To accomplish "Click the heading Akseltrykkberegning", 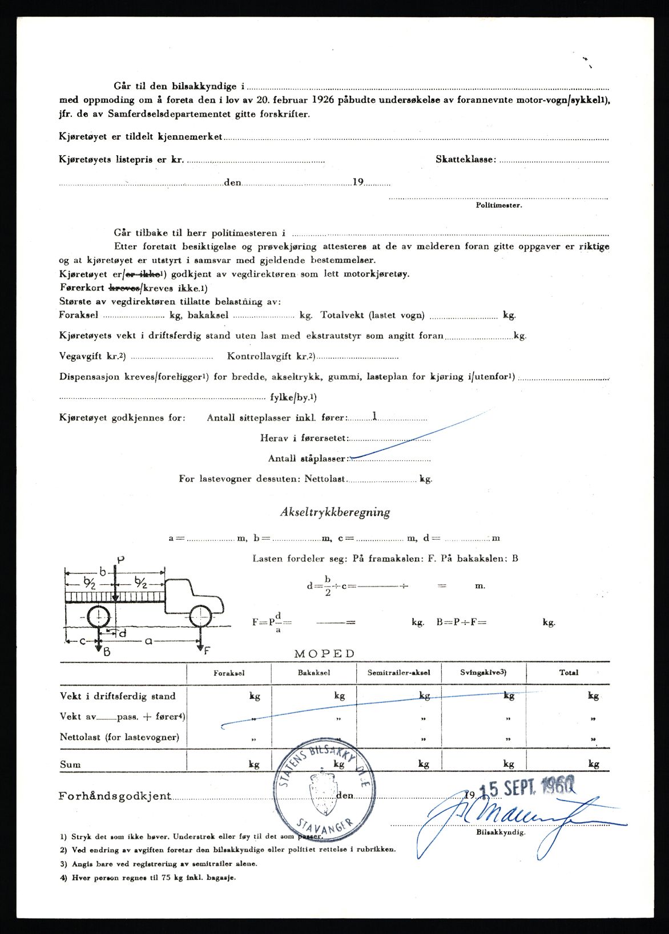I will click(x=334, y=512).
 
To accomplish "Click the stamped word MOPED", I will click(x=324, y=654).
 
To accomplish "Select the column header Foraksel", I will click(x=229, y=673).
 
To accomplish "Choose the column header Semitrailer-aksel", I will click(x=399, y=673).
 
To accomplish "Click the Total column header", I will click(x=569, y=673).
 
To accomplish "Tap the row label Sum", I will click(x=70, y=765).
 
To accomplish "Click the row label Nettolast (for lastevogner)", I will click(x=119, y=737).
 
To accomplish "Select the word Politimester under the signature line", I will click(x=498, y=205).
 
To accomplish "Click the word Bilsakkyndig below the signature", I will click(x=500, y=832).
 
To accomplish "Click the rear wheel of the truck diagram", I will click(x=99, y=617).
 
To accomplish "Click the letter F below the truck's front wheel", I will click(x=207, y=650).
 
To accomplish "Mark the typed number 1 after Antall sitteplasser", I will click(x=374, y=416).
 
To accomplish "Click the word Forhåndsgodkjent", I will click(x=114, y=796).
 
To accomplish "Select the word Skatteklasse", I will click(x=465, y=160).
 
